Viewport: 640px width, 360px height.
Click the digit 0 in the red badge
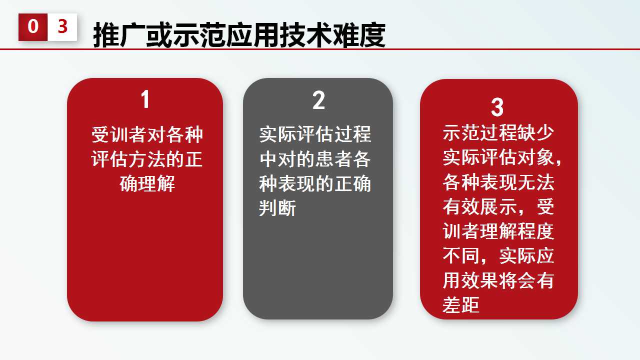33,26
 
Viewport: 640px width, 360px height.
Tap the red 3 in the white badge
62,26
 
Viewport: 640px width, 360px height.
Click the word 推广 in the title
119,35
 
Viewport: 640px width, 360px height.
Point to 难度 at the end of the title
359,35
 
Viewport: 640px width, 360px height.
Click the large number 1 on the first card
145,99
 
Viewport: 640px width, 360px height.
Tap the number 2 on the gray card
318,100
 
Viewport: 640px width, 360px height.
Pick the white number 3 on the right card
497,107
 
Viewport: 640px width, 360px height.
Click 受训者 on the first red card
119,134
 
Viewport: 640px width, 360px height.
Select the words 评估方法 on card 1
128,159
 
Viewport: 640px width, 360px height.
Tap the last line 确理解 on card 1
147,183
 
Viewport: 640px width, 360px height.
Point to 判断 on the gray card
277,207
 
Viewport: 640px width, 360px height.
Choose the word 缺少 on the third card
535,133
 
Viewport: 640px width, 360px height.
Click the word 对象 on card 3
535,157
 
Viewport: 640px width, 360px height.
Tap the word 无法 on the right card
535,182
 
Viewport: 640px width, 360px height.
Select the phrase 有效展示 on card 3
480,206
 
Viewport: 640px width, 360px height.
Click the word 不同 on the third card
461,255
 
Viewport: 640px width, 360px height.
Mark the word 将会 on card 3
517,280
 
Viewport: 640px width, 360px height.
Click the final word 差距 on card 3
461,304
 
